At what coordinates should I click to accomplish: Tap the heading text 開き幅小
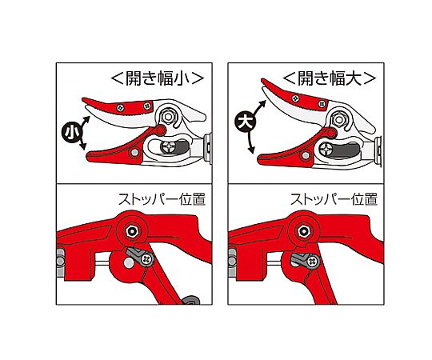158,78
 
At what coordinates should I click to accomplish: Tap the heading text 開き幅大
330,78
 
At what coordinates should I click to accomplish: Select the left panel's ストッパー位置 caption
162,199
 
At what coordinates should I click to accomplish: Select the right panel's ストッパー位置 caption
334,199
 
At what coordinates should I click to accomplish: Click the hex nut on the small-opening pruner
167,117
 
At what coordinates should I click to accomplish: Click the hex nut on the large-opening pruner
339,119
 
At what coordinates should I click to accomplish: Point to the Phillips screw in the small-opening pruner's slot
168,148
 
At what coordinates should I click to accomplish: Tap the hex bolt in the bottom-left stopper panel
132,232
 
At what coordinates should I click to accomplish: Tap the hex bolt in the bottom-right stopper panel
304,231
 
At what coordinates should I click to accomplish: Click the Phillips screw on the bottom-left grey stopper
147,259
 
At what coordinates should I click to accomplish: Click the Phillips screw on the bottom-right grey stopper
313,260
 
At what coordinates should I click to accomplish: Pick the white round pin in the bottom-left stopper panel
128,263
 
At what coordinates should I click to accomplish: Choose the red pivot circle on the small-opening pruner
160,130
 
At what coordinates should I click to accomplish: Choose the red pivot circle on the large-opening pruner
332,134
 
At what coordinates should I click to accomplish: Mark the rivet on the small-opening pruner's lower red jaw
134,152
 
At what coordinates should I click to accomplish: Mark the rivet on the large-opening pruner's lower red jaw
306,156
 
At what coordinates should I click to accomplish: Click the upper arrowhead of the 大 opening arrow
263,104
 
